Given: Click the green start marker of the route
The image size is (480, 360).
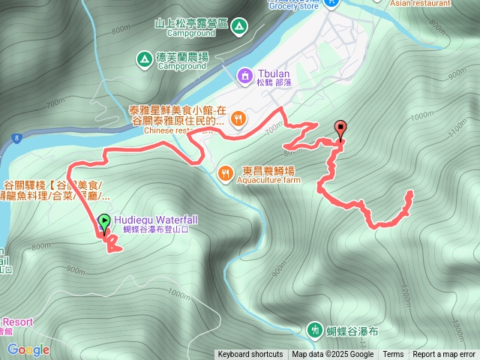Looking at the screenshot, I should point(103,221).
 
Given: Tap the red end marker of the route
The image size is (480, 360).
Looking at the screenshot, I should point(340,128).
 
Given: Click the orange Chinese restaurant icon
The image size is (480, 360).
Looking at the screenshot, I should point(238,118).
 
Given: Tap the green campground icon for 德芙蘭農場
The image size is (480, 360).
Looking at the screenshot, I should point(143,58).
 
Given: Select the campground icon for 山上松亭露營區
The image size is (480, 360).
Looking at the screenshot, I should point(238,27).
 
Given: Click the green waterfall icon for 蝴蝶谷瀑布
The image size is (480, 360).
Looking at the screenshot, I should point(313,329).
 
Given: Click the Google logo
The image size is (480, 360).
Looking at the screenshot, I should point(28,349).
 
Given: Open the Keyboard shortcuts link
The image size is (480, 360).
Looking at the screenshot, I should point(250,355).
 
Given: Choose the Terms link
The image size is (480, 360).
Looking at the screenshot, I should point(393,355).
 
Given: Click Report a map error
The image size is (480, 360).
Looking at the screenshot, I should point(444,355).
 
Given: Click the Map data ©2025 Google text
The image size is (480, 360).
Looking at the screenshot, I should point(333,355).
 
